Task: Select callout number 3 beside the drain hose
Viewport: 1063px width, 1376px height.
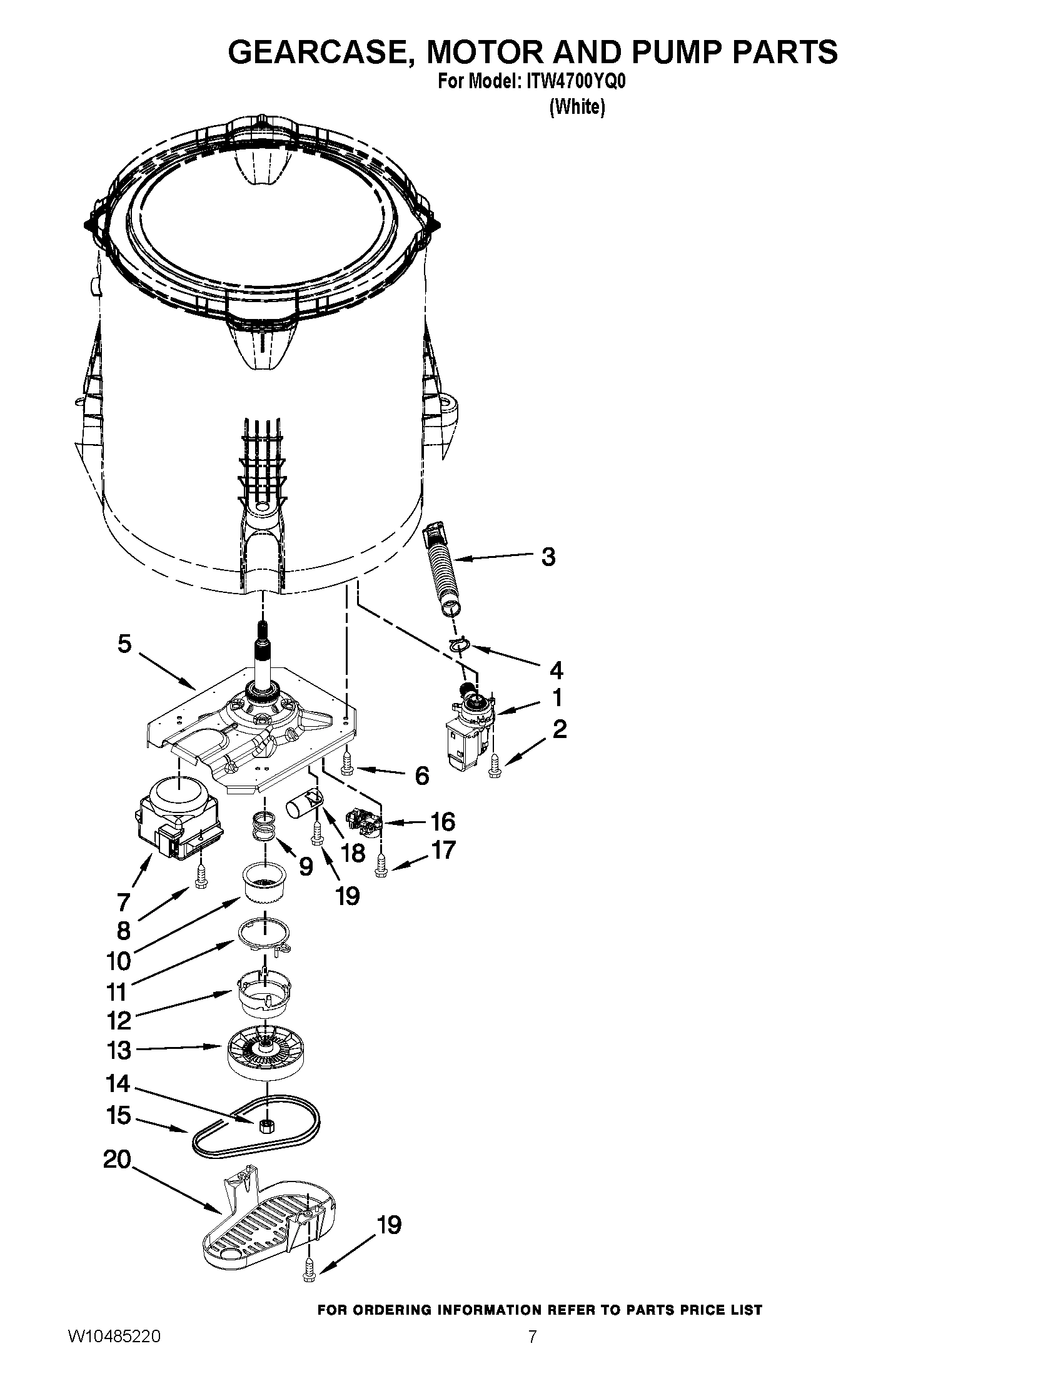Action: pyautogui.click(x=548, y=557)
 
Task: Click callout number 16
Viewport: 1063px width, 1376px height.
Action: pyautogui.click(x=442, y=822)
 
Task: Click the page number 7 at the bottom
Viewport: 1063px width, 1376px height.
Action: pyautogui.click(x=532, y=1353)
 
